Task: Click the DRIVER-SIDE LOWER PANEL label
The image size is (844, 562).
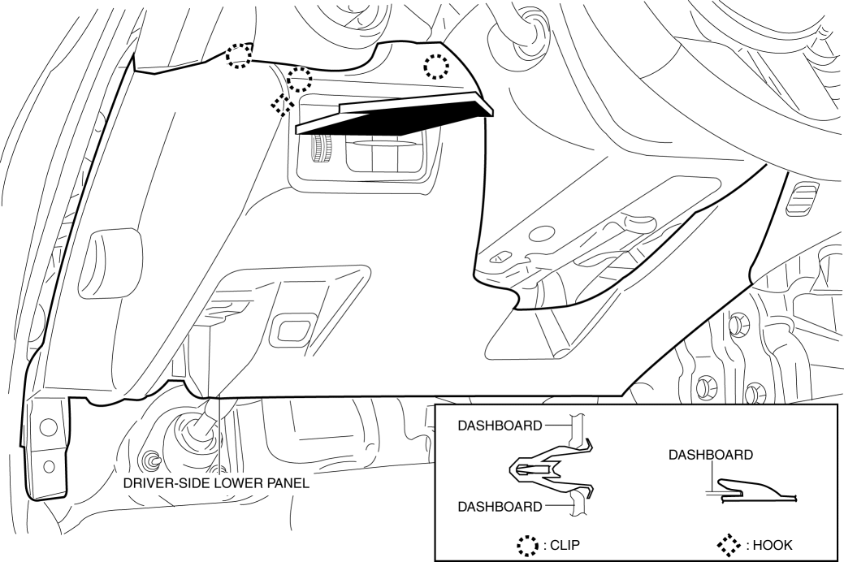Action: pyautogui.click(x=216, y=483)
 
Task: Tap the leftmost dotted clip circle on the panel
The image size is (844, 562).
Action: pyautogui.click(x=239, y=55)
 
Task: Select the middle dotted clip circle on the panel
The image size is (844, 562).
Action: pyautogui.click(x=299, y=79)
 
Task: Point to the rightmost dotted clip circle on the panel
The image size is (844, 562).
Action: pyautogui.click(x=436, y=67)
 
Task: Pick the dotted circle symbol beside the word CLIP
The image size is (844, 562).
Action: pyautogui.click(x=527, y=545)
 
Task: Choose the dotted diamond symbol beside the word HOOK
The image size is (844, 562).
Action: pyautogui.click(x=730, y=545)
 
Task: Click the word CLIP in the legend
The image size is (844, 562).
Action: pyautogui.click(x=565, y=545)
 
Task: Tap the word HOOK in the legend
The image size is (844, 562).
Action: pyautogui.click(x=773, y=545)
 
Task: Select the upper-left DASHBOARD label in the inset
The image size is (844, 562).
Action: pyautogui.click(x=500, y=426)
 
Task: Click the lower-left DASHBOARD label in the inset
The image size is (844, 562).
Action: pyautogui.click(x=500, y=507)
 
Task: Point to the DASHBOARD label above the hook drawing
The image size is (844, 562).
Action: pyautogui.click(x=711, y=455)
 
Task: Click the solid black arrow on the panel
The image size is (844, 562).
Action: pyautogui.click(x=396, y=115)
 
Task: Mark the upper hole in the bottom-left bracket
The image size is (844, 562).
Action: pyautogui.click(x=48, y=426)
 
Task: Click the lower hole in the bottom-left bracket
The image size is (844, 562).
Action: pyautogui.click(x=49, y=465)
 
